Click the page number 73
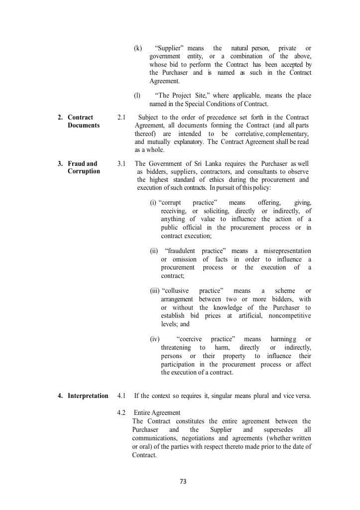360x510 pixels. [x=182, y=482]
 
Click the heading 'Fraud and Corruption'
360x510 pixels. [x=83, y=167]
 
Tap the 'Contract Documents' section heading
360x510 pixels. [x=83, y=122]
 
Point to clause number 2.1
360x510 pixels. [x=121, y=118]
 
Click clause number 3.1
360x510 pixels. [x=121, y=163]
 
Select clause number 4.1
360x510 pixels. [x=121, y=396]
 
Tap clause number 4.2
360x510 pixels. [x=121, y=413]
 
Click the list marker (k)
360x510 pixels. [x=138, y=48]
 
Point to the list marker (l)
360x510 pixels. [x=137, y=96]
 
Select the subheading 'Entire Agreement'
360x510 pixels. [x=157, y=413]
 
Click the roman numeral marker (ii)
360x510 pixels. [x=154, y=251]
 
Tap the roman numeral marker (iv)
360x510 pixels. [x=154, y=339]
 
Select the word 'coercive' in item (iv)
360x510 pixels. [x=189, y=339]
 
